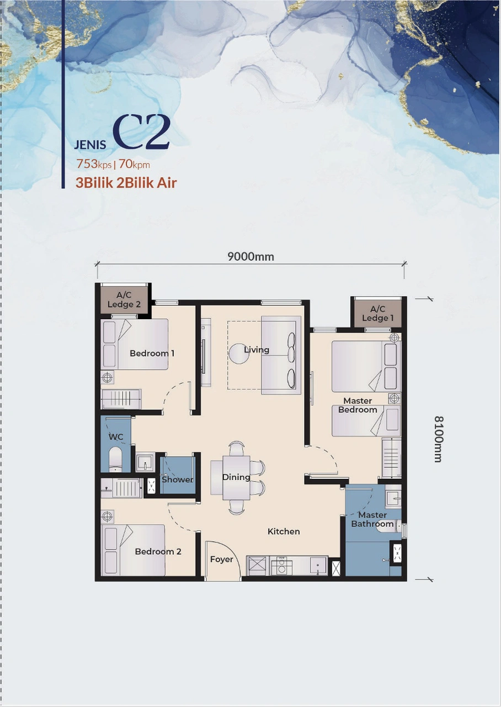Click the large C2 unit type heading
point(141,134)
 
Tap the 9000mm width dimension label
point(250,256)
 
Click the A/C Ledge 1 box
point(377,314)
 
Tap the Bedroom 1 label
point(152,353)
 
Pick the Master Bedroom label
point(358,405)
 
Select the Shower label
point(177,479)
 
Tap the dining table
point(236,477)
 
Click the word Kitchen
point(284,531)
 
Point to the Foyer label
point(221,560)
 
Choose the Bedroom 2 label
point(158,551)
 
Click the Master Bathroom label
point(372,520)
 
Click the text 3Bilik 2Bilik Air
point(126,183)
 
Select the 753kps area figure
point(94,164)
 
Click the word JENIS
point(90,145)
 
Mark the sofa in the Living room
point(281,355)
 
